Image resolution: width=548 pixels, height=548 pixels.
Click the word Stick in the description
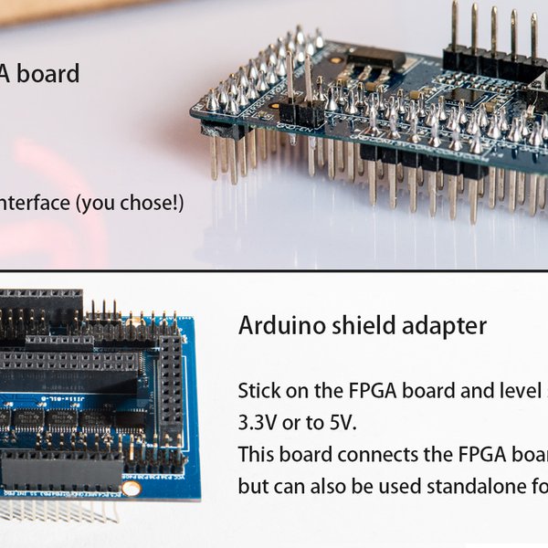259,392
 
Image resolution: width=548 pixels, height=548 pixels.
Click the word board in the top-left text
48,73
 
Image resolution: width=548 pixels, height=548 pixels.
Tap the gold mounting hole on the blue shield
132,489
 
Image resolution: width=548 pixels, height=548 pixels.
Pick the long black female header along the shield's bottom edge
62,472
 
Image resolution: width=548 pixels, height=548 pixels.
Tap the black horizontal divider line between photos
274,270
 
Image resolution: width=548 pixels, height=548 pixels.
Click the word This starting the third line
258,455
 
